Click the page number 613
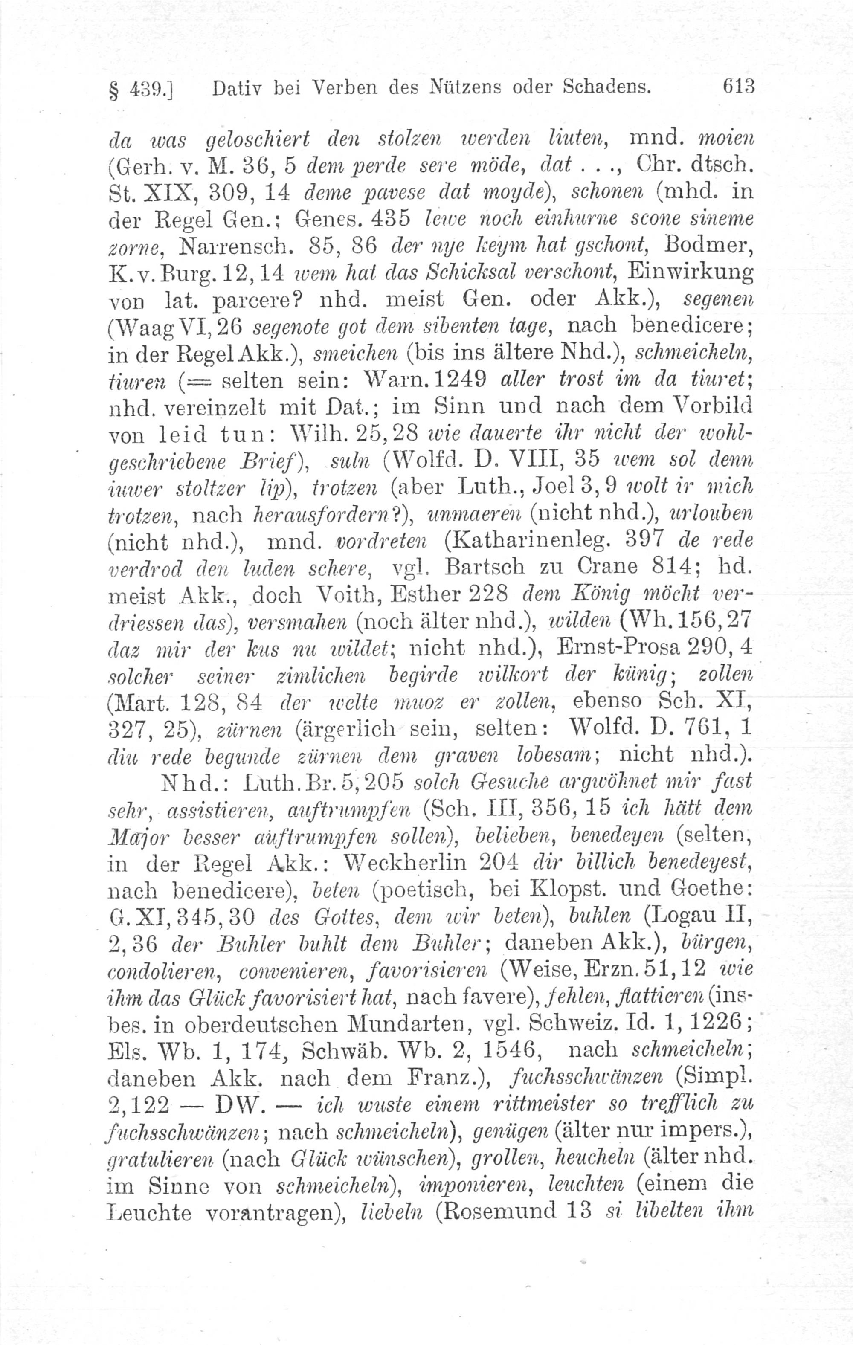coord(738,87)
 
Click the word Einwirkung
coord(690,272)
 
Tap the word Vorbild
coord(712,404)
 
